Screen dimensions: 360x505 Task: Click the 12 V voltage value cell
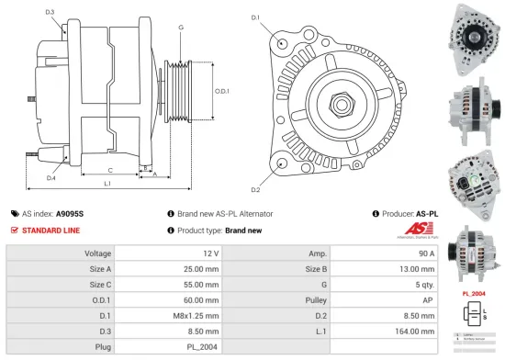pyautogui.click(x=210, y=253)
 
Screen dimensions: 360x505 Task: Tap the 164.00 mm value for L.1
pyautogui.click(x=421, y=331)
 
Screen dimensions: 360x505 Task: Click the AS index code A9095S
pyautogui.click(x=70, y=213)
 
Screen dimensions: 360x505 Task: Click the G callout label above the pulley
pyautogui.click(x=181, y=28)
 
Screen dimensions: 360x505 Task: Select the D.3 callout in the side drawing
pyautogui.click(x=50, y=11)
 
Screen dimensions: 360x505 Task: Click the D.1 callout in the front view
pyautogui.click(x=255, y=17)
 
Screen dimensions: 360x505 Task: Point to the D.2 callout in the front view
pyautogui.click(x=255, y=189)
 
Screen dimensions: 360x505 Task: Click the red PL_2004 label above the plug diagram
pyautogui.click(x=473, y=294)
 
